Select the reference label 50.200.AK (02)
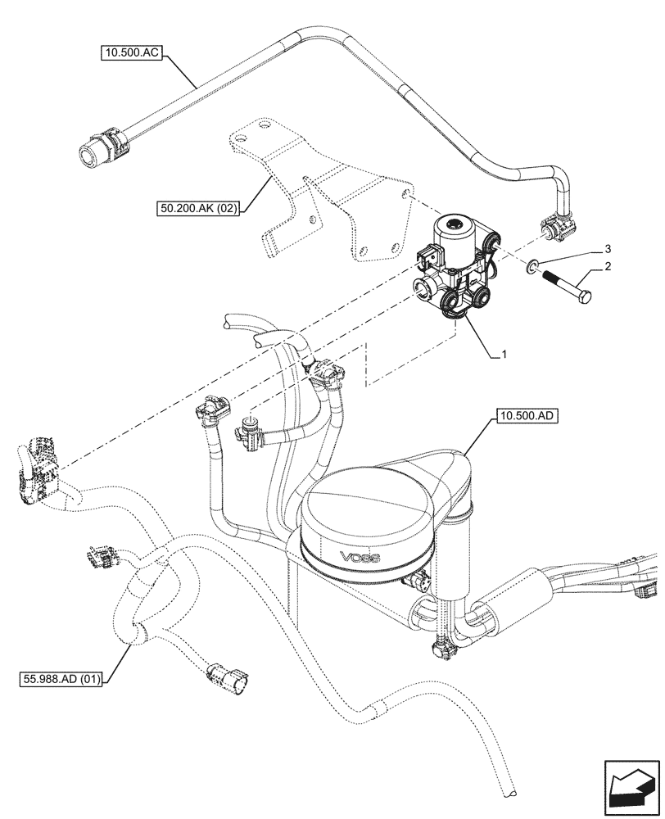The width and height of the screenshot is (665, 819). (x=198, y=209)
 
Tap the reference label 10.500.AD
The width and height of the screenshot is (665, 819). (x=527, y=417)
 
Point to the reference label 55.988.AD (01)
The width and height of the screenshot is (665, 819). (x=59, y=679)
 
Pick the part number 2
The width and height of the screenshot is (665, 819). (x=607, y=267)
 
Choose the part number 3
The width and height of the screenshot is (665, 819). (x=607, y=247)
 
